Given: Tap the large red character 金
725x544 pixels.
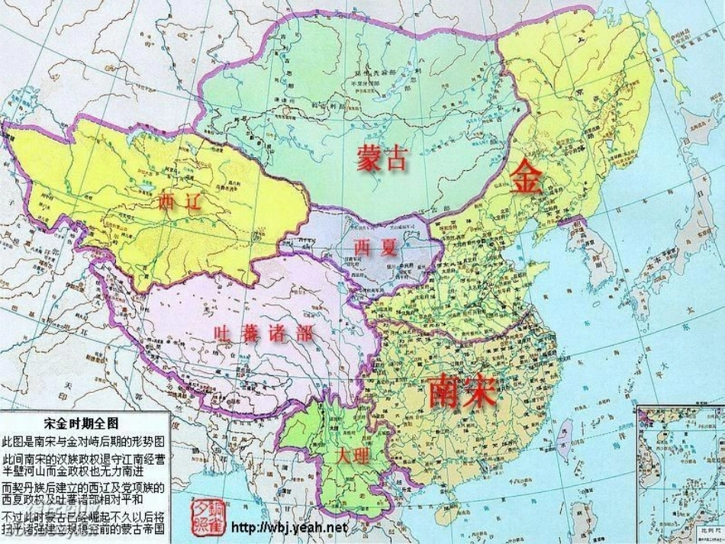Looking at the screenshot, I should (x=527, y=178).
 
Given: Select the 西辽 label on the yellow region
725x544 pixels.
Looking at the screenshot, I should (x=179, y=202).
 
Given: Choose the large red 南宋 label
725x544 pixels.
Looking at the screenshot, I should (x=462, y=392).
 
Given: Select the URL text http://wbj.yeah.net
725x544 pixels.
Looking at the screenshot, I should (x=288, y=527).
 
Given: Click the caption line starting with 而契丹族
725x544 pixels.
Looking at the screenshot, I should (x=84, y=486).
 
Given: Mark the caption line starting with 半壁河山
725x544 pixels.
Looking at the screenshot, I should (x=84, y=470).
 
